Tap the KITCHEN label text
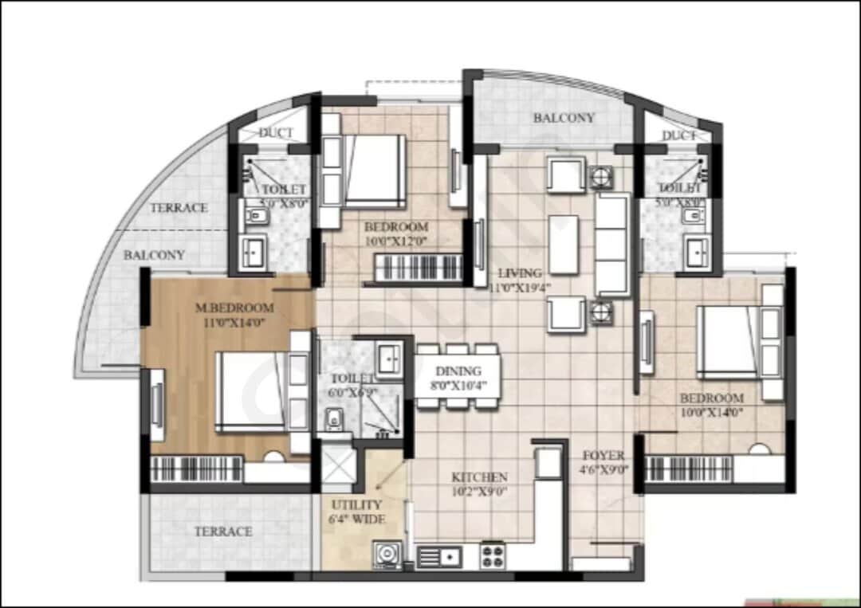click(x=479, y=477)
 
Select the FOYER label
click(x=603, y=456)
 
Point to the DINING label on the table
click(x=458, y=371)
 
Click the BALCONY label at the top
click(x=564, y=118)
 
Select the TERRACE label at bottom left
click(x=224, y=532)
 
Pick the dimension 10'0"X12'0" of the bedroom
click(x=396, y=241)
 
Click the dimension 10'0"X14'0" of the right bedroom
click(x=711, y=412)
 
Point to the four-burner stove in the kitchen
click(x=493, y=554)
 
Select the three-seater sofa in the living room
click(x=612, y=244)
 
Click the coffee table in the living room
click(x=564, y=244)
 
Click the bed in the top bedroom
click(x=373, y=171)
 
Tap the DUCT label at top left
click(x=276, y=133)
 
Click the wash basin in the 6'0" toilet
click(x=390, y=358)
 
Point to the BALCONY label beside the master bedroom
click(x=154, y=255)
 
